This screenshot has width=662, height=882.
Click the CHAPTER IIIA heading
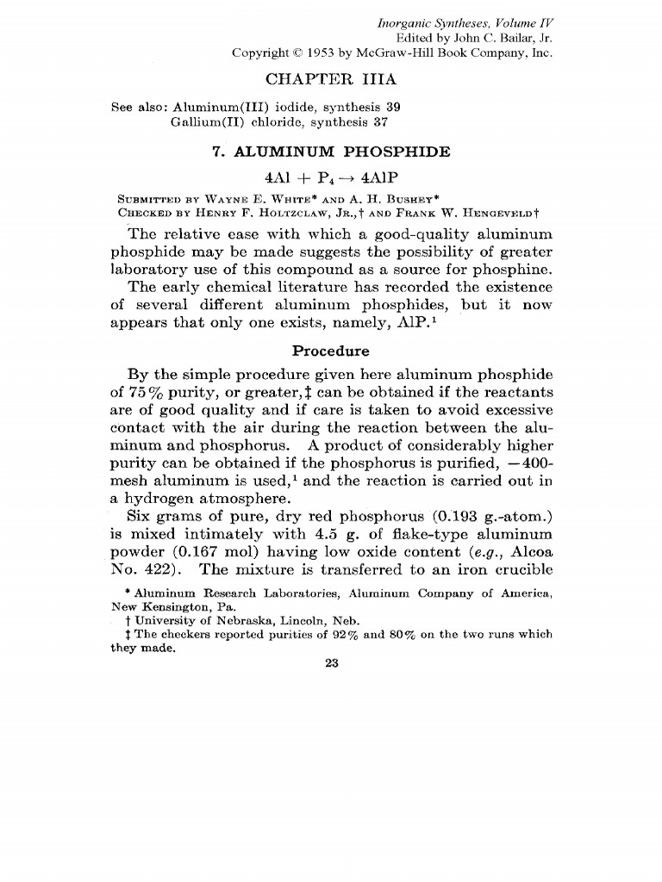[x=331, y=80]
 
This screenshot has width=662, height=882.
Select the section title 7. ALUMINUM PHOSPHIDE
[x=331, y=152]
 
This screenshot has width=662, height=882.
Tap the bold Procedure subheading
[x=331, y=351]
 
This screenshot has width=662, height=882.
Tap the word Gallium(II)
[x=202, y=122]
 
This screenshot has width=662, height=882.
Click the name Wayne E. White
[x=234, y=193]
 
